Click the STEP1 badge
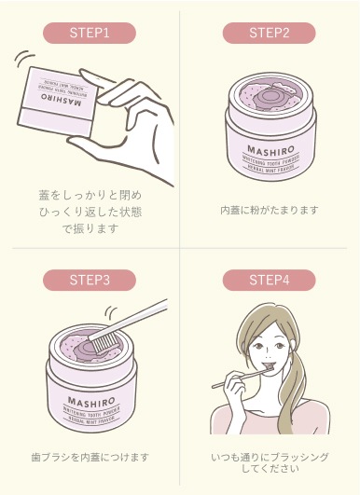[x=90, y=33]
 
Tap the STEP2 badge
[x=270, y=33]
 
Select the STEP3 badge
[x=90, y=278]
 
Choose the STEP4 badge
[x=270, y=278]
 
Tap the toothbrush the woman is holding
[x=233, y=379]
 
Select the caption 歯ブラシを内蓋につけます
[x=90, y=458]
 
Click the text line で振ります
[x=90, y=229]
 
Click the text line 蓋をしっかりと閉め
[x=90, y=195]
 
